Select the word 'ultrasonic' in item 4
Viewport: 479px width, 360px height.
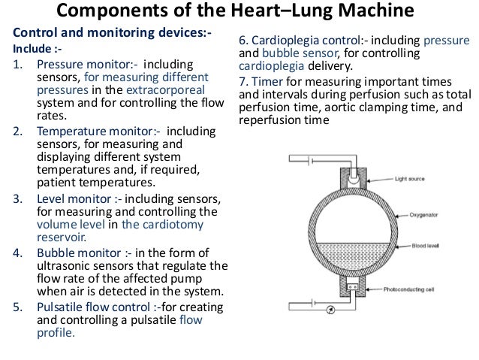tap(62, 265)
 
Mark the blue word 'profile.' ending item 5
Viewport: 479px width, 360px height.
tap(56, 333)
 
